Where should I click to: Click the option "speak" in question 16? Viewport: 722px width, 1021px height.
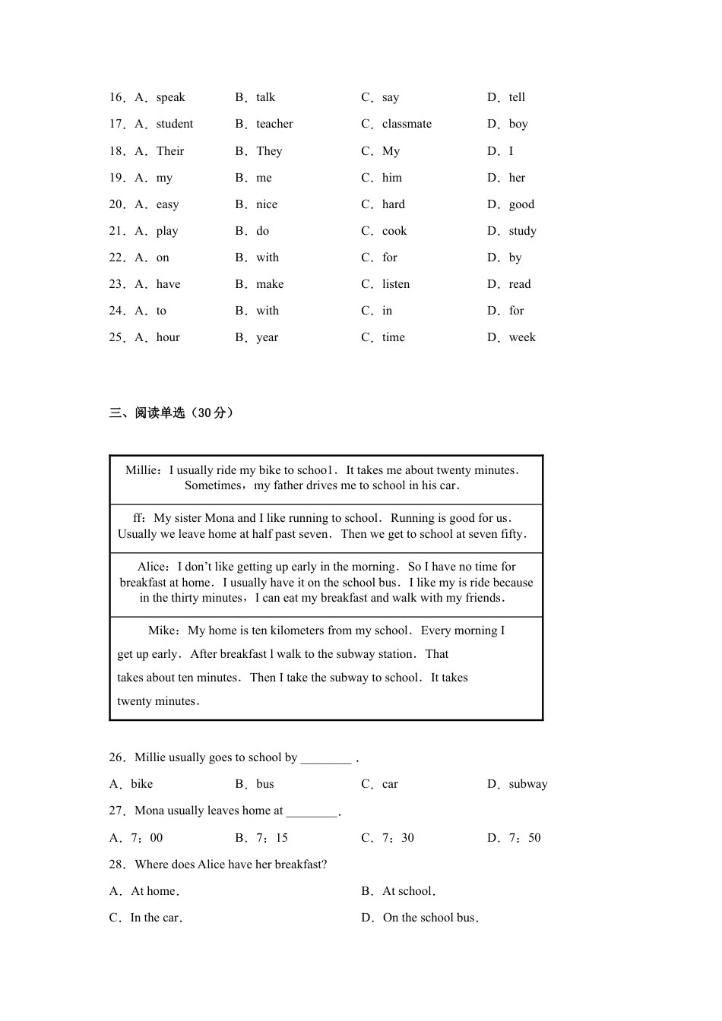[170, 97]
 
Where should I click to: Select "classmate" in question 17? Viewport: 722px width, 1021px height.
[407, 124]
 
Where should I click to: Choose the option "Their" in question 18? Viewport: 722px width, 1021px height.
[170, 151]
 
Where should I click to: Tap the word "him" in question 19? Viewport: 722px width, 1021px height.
[392, 178]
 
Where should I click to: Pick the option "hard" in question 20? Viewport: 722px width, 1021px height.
[394, 204]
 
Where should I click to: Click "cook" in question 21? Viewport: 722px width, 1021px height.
[394, 231]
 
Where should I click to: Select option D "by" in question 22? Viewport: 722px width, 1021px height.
[515, 258]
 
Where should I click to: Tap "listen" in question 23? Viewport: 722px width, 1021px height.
[396, 284]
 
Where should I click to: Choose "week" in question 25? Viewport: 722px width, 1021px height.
[522, 337]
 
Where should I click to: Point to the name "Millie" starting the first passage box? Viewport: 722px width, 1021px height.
[141, 470]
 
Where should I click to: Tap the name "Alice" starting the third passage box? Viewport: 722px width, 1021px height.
[152, 567]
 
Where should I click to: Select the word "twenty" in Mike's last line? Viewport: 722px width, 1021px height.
[134, 701]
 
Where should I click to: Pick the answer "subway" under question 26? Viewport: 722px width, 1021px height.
[528, 784]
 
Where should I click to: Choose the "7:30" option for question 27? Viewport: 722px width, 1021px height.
[397, 838]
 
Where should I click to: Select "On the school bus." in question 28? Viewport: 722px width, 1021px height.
[430, 918]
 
